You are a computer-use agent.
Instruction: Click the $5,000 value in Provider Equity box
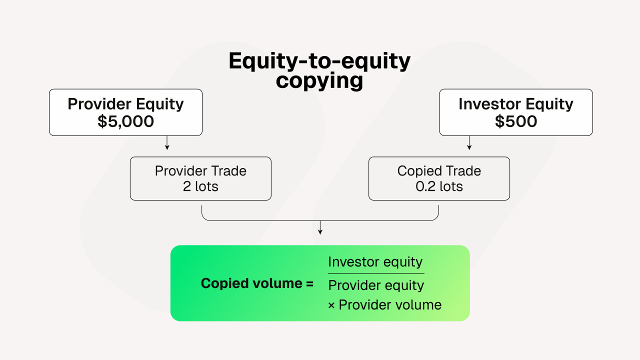pyautogui.click(x=125, y=121)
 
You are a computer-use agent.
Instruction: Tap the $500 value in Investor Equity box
pyautogui.click(x=516, y=121)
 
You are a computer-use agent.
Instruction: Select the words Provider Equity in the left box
pyautogui.click(x=125, y=104)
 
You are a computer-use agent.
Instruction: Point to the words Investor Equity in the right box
pyautogui.click(x=516, y=104)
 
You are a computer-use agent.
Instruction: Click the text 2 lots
pyautogui.click(x=200, y=186)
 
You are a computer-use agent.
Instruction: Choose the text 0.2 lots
pyautogui.click(x=439, y=186)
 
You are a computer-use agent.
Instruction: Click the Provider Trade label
pyautogui.click(x=200, y=171)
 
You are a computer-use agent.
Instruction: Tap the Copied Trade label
pyautogui.click(x=439, y=171)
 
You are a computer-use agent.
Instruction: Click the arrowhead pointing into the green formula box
pyautogui.click(x=320, y=232)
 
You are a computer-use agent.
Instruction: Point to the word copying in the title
pyautogui.click(x=319, y=80)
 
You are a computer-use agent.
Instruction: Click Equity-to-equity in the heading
pyautogui.click(x=319, y=61)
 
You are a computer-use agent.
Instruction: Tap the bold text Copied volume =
pyautogui.click(x=257, y=283)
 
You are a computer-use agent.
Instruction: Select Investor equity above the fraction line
pyautogui.click(x=375, y=262)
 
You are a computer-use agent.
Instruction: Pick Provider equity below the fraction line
pyautogui.click(x=376, y=285)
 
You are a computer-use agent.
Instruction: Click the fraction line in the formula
pyautogui.click(x=376, y=273)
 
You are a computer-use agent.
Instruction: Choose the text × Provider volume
pyautogui.click(x=384, y=305)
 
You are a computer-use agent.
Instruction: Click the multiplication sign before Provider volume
pyautogui.click(x=331, y=305)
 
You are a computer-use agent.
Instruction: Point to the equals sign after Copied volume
pyautogui.click(x=309, y=284)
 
